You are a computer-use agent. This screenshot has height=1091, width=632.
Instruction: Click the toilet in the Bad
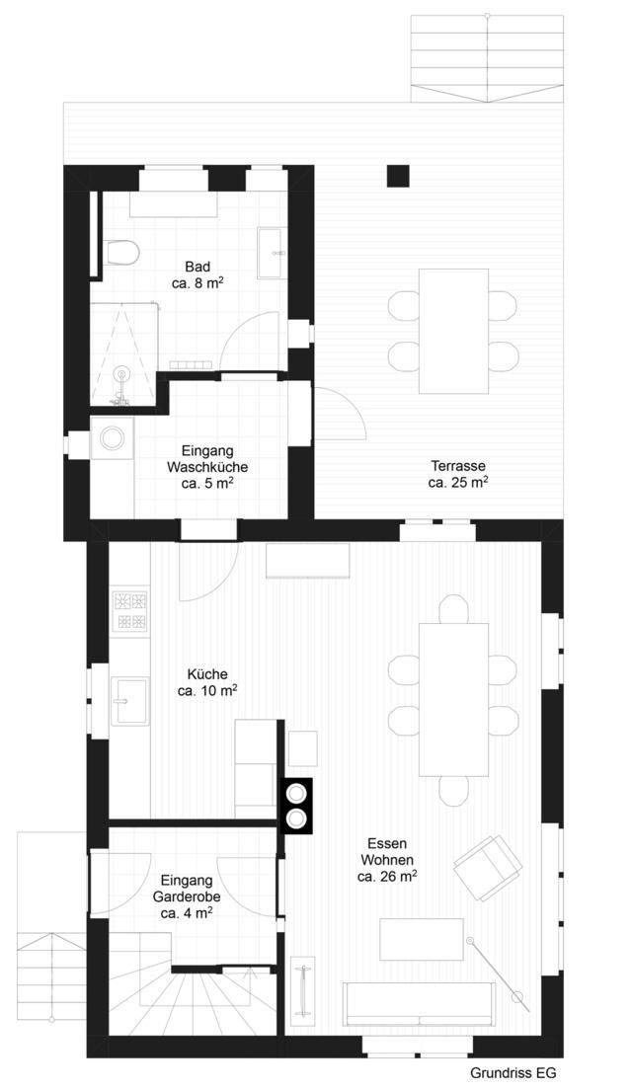point(122,253)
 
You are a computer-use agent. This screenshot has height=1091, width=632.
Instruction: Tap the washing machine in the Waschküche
point(112,437)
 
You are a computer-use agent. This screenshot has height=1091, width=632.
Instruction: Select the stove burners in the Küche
point(132,610)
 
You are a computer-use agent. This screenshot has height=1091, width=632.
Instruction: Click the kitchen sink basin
point(130,701)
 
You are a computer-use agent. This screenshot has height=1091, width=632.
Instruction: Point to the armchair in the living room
point(488,867)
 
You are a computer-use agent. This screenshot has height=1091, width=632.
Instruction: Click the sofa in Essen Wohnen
point(419,1004)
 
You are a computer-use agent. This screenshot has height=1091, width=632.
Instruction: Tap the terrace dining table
point(453,331)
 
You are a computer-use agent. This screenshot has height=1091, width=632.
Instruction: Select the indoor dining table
point(453,699)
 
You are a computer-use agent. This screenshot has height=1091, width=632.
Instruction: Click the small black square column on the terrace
point(399,176)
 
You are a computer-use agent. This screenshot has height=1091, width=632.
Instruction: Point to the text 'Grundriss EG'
point(513,1073)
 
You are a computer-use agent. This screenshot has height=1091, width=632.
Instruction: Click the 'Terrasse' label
point(457,466)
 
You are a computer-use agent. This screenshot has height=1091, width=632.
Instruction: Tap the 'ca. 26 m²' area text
point(387,877)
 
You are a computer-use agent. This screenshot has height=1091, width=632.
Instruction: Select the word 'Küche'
point(207,674)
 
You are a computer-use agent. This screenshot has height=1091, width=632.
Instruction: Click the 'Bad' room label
point(197,268)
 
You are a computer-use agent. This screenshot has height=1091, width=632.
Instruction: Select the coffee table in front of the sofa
point(421,939)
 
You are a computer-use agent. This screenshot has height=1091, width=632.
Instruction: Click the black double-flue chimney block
point(296,805)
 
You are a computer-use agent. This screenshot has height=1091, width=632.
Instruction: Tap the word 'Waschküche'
point(206,467)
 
